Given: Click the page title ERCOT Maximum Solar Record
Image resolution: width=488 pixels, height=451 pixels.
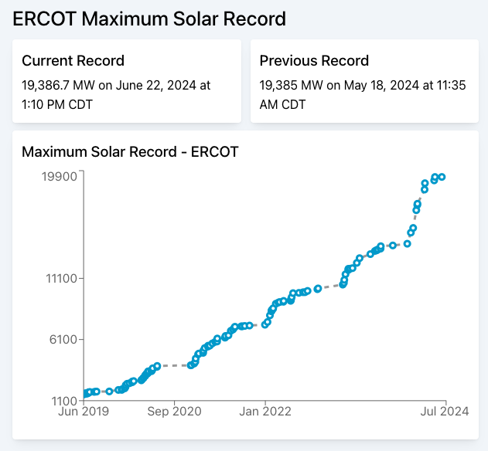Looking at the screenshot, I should point(149,19).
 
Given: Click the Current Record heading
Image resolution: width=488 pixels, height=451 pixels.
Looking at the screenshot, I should point(73,61).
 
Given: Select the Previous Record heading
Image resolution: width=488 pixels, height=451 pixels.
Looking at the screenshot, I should point(314,61).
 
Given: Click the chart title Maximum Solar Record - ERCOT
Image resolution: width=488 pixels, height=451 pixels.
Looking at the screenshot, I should point(130,152).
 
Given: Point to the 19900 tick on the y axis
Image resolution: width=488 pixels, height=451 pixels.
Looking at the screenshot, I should point(58,176).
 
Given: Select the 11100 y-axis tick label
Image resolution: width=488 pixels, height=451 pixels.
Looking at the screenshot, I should point(58,278).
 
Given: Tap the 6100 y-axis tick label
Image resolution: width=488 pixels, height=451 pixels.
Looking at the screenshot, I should point(61,339).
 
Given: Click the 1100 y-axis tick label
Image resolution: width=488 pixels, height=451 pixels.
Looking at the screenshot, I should point(61,401).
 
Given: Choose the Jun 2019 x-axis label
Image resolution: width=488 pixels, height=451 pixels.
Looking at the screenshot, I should point(84,412).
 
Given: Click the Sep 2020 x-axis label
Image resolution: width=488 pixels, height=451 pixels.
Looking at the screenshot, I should point(174,412).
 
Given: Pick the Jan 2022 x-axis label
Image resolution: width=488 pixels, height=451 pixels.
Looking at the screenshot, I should point(265,412).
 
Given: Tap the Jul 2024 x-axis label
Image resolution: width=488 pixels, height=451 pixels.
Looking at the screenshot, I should point(445,412).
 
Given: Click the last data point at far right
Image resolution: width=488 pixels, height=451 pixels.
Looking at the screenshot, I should point(442,177).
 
